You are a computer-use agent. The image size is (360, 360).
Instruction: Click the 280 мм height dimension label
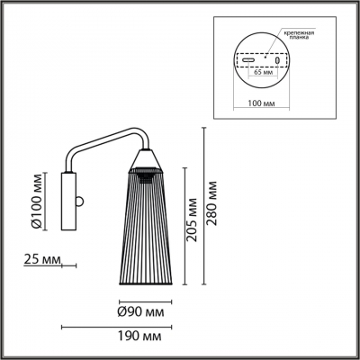pyautogui.click(x=212, y=203)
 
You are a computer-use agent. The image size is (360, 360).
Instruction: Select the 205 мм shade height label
pyautogui.click(x=191, y=220)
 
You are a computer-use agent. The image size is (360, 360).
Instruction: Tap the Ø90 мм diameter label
pyautogui.click(x=141, y=312)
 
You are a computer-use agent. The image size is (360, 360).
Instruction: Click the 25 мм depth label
pyautogui.click(x=42, y=259)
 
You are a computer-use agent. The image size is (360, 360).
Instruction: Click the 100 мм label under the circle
pyautogui.click(x=261, y=103)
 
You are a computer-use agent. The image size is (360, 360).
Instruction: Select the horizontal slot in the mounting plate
pyautogui.click(x=248, y=60)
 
